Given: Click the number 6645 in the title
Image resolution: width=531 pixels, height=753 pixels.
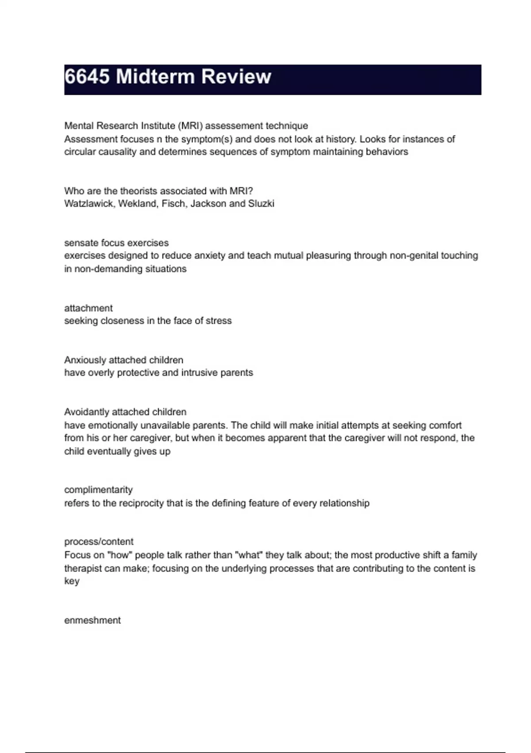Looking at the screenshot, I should click(x=87, y=77).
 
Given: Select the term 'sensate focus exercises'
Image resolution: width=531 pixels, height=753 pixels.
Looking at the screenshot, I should click(x=116, y=243).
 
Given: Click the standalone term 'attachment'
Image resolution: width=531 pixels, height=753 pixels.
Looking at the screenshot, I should click(x=88, y=308).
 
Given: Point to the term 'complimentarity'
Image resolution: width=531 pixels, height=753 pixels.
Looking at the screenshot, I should click(x=98, y=490).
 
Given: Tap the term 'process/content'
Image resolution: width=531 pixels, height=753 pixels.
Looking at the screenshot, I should click(x=99, y=542).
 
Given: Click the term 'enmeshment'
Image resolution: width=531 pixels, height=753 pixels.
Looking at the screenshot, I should click(x=92, y=620).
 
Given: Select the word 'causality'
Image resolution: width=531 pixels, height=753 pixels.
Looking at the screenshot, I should click(x=116, y=152).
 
